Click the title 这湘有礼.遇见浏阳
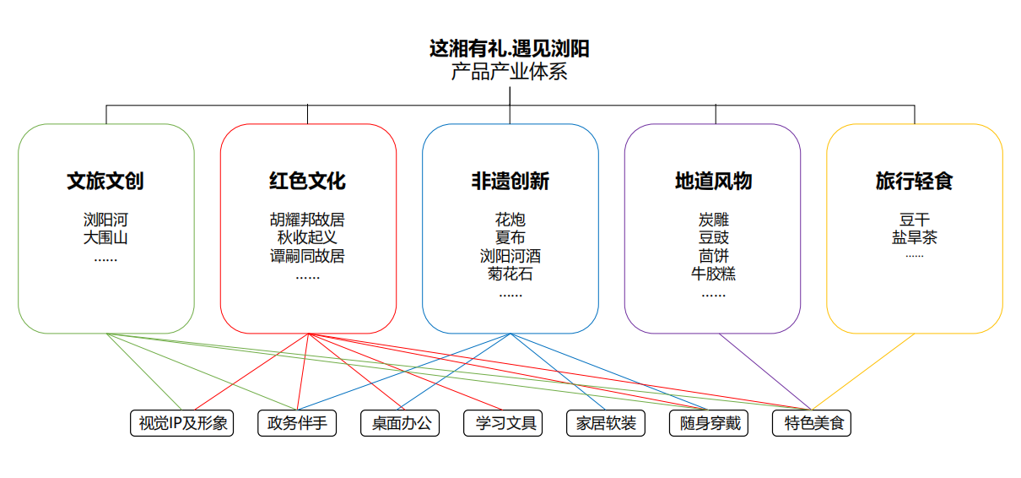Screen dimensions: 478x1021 509,49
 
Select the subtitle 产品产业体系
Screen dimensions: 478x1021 509,72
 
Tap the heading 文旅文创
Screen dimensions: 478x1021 105,181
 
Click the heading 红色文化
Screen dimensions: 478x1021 307,181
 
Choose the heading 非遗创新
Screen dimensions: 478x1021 510,181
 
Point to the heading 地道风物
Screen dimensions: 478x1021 713,181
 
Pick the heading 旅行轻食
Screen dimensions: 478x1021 914,181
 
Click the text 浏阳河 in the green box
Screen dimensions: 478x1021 105,220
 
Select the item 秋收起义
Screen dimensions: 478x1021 307,237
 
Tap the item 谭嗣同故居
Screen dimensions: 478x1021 307,256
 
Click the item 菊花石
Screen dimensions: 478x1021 510,274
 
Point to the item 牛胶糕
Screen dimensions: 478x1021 713,274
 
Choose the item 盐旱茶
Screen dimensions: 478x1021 914,237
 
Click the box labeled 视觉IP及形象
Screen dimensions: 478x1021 182,423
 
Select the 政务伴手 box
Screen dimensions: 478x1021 297,423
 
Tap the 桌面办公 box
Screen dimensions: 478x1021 401,423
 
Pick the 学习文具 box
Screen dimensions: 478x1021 504,423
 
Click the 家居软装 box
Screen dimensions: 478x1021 606,423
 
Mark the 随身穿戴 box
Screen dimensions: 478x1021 710,423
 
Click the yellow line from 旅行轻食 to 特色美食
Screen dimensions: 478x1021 863,372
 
